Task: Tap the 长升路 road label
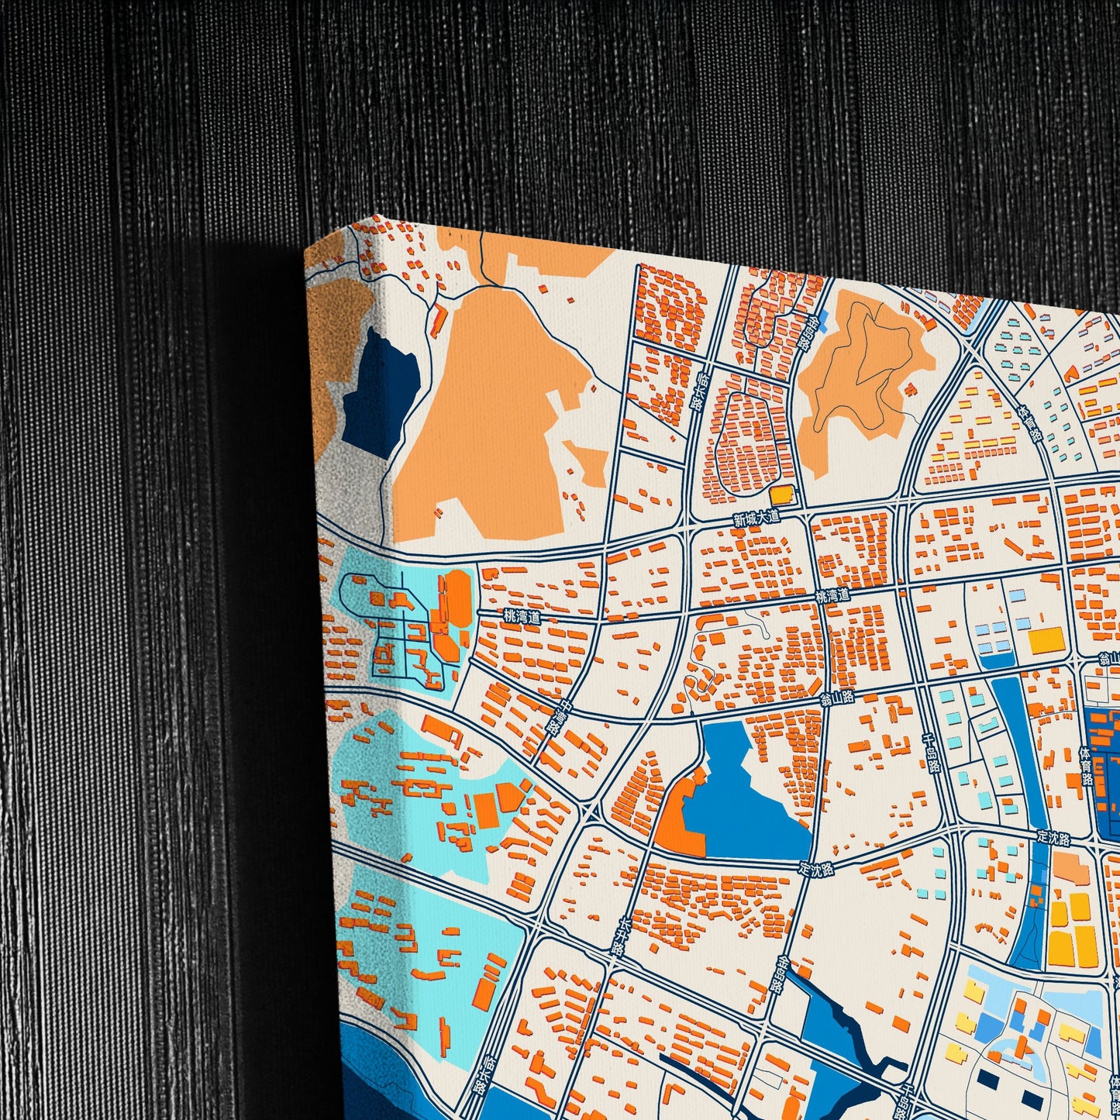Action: coord(617,938)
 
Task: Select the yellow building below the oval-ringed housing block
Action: coord(782,495)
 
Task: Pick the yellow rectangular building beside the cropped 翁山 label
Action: coord(1046,640)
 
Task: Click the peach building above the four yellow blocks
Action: coord(1072,868)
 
